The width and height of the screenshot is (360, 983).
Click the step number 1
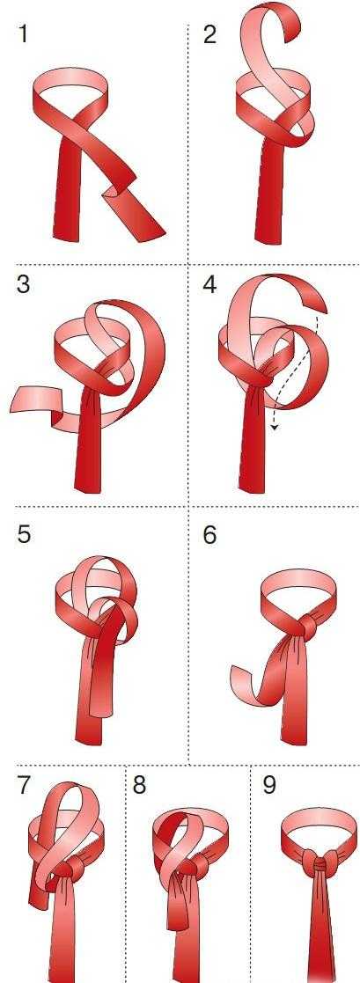[23, 33]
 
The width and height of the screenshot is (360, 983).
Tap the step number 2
[209, 33]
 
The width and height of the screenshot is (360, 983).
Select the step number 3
[23, 284]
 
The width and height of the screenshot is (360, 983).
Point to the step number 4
[209, 284]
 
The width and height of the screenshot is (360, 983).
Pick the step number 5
[23, 535]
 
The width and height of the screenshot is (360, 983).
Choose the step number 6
[209, 535]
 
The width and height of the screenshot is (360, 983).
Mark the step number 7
[23, 786]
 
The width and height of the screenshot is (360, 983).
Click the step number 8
[139, 786]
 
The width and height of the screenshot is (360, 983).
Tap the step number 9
[269, 786]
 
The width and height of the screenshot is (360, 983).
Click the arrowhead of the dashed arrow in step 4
[274, 427]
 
